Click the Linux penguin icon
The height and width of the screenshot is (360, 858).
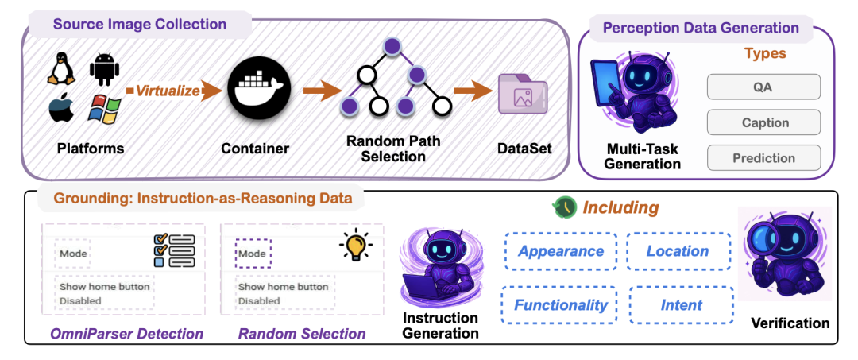(x=60, y=70)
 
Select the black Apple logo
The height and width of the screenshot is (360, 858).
(x=60, y=110)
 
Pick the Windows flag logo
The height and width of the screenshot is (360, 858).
(x=103, y=110)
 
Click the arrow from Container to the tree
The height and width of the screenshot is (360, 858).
(x=320, y=91)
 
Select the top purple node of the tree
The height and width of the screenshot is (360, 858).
(x=391, y=46)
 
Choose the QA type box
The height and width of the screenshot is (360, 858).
(x=763, y=87)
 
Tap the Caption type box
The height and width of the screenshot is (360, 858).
(x=763, y=122)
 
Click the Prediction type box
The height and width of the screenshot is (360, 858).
(x=763, y=157)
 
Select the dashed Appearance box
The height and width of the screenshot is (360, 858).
(x=560, y=251)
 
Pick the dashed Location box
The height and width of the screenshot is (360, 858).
(x=677, y=251)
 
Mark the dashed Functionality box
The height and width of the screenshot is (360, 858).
(x=560, y=304)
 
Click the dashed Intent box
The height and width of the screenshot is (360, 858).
(x=682, y=304)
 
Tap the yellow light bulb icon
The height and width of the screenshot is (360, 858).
(x=355, y=246)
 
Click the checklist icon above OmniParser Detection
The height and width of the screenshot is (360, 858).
(x=173, y=249)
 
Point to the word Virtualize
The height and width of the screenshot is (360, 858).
(x=168, y=91)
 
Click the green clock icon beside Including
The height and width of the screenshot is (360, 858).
(x=564, y=207)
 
